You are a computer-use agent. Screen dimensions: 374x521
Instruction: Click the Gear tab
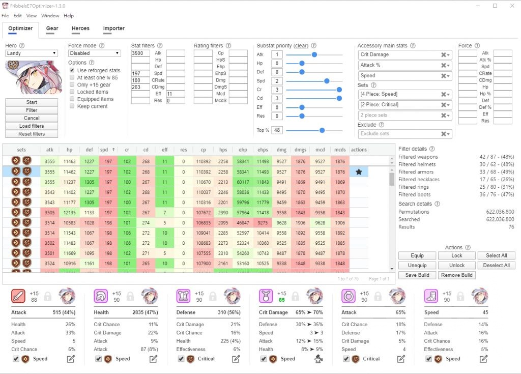click(52, 28)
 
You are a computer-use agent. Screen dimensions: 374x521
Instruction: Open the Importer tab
click(113, 28)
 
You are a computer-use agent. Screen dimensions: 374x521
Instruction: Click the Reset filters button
click(32, 134)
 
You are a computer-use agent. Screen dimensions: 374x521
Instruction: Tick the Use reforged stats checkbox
click(72, 70)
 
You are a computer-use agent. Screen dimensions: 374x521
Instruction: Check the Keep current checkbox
click(72, 106)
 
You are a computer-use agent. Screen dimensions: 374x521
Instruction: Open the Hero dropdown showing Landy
click(32, 53)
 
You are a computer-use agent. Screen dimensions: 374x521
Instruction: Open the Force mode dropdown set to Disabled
click(95, 53)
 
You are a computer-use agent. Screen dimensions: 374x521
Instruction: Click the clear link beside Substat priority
click(301, 46)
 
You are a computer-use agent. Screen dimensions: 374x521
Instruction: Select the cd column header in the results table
click(146, 150)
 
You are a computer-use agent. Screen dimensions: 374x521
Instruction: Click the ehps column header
click(263, 150)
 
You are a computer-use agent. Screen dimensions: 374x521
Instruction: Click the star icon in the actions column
click(359, 172)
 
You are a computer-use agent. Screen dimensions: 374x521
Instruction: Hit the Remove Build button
click(457, 275)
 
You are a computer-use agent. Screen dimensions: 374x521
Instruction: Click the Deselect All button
click(496, 265)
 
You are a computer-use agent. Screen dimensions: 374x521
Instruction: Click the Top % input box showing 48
click(277, 130)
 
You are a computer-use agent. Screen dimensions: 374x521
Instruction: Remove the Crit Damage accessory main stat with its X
click(443, 55)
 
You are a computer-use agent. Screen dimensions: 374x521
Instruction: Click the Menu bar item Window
click(50, 16)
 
